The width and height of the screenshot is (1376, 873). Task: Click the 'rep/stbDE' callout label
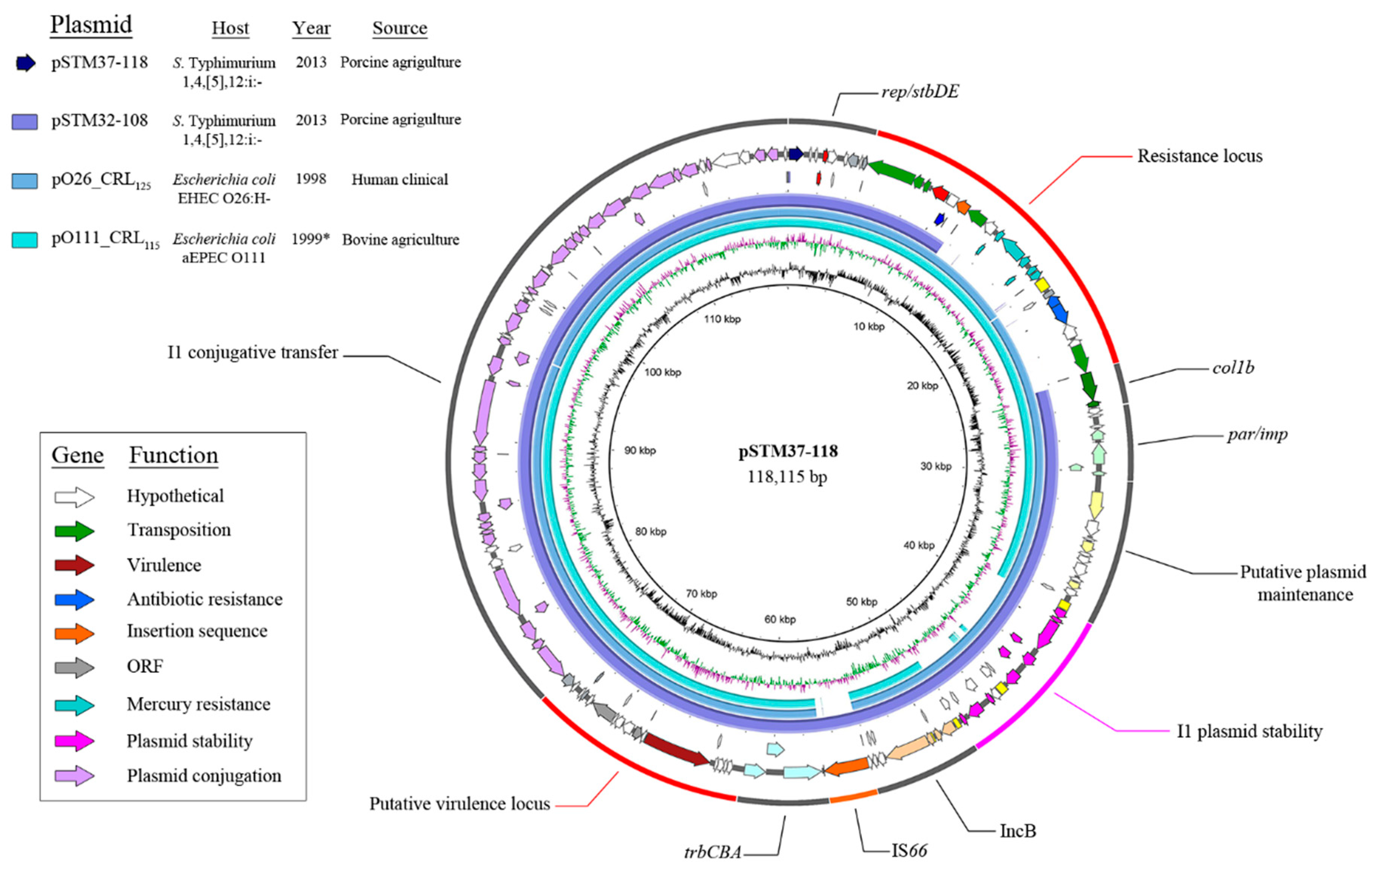pyautogui.click(x=920, y=92)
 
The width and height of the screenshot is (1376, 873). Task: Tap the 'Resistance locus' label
pyautogui.click(x=1199, y=156)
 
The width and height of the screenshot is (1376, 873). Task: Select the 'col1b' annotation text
pyautogui.click(x=1233, y=368)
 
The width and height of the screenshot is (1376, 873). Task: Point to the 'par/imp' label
pyautogui.click(x=1257, y=434)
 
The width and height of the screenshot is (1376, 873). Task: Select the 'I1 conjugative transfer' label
pyautogui.click(x=253, y=352)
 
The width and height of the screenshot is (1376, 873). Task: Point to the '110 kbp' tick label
pyautogui.click(x=722, y=319)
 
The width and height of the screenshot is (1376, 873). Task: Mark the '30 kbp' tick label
pyautogui.click(x=935, y=466)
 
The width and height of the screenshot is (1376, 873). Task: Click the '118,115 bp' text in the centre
pyautogui.click(x=787, y=476)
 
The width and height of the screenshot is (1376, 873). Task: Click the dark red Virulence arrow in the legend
pyautogui.click(x=74, y=565)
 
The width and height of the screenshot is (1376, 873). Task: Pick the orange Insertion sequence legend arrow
pyautogui.click(x=74, y=633)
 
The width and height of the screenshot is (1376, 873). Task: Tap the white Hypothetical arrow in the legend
pyautogui.click(x=74, y=496)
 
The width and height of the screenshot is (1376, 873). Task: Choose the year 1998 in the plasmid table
pyautogui.click(x=311, y=179)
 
